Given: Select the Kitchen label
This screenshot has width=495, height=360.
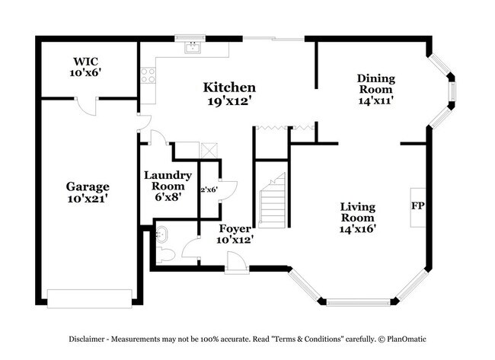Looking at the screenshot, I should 228,88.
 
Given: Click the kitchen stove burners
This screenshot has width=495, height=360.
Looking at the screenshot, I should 148,75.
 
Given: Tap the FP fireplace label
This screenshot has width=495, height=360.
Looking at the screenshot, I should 417,206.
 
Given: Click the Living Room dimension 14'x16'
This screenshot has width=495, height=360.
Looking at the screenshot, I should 358,227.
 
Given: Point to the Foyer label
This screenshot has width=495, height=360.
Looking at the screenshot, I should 235,228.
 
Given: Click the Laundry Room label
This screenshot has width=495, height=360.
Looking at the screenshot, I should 168,180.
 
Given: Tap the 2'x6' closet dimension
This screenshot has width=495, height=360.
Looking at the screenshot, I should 209,190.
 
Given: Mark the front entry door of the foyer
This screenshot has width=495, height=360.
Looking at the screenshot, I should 236,263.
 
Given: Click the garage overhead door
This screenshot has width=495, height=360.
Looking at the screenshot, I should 91,296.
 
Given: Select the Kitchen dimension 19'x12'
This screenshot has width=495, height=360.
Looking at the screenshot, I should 228,100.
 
